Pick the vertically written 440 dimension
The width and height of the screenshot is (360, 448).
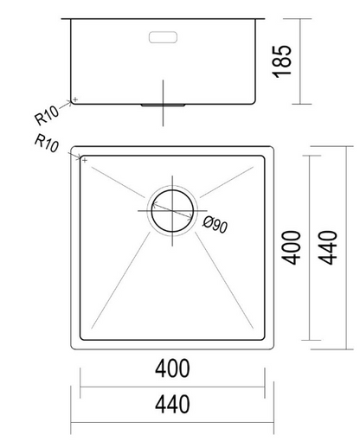331,247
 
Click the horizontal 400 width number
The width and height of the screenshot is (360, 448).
173,369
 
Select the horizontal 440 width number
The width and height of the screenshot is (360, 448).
173,402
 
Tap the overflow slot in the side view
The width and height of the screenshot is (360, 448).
163,37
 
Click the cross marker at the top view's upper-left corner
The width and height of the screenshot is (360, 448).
83,158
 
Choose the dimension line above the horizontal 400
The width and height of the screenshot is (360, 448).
172,386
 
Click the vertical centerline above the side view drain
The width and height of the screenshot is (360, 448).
163,90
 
